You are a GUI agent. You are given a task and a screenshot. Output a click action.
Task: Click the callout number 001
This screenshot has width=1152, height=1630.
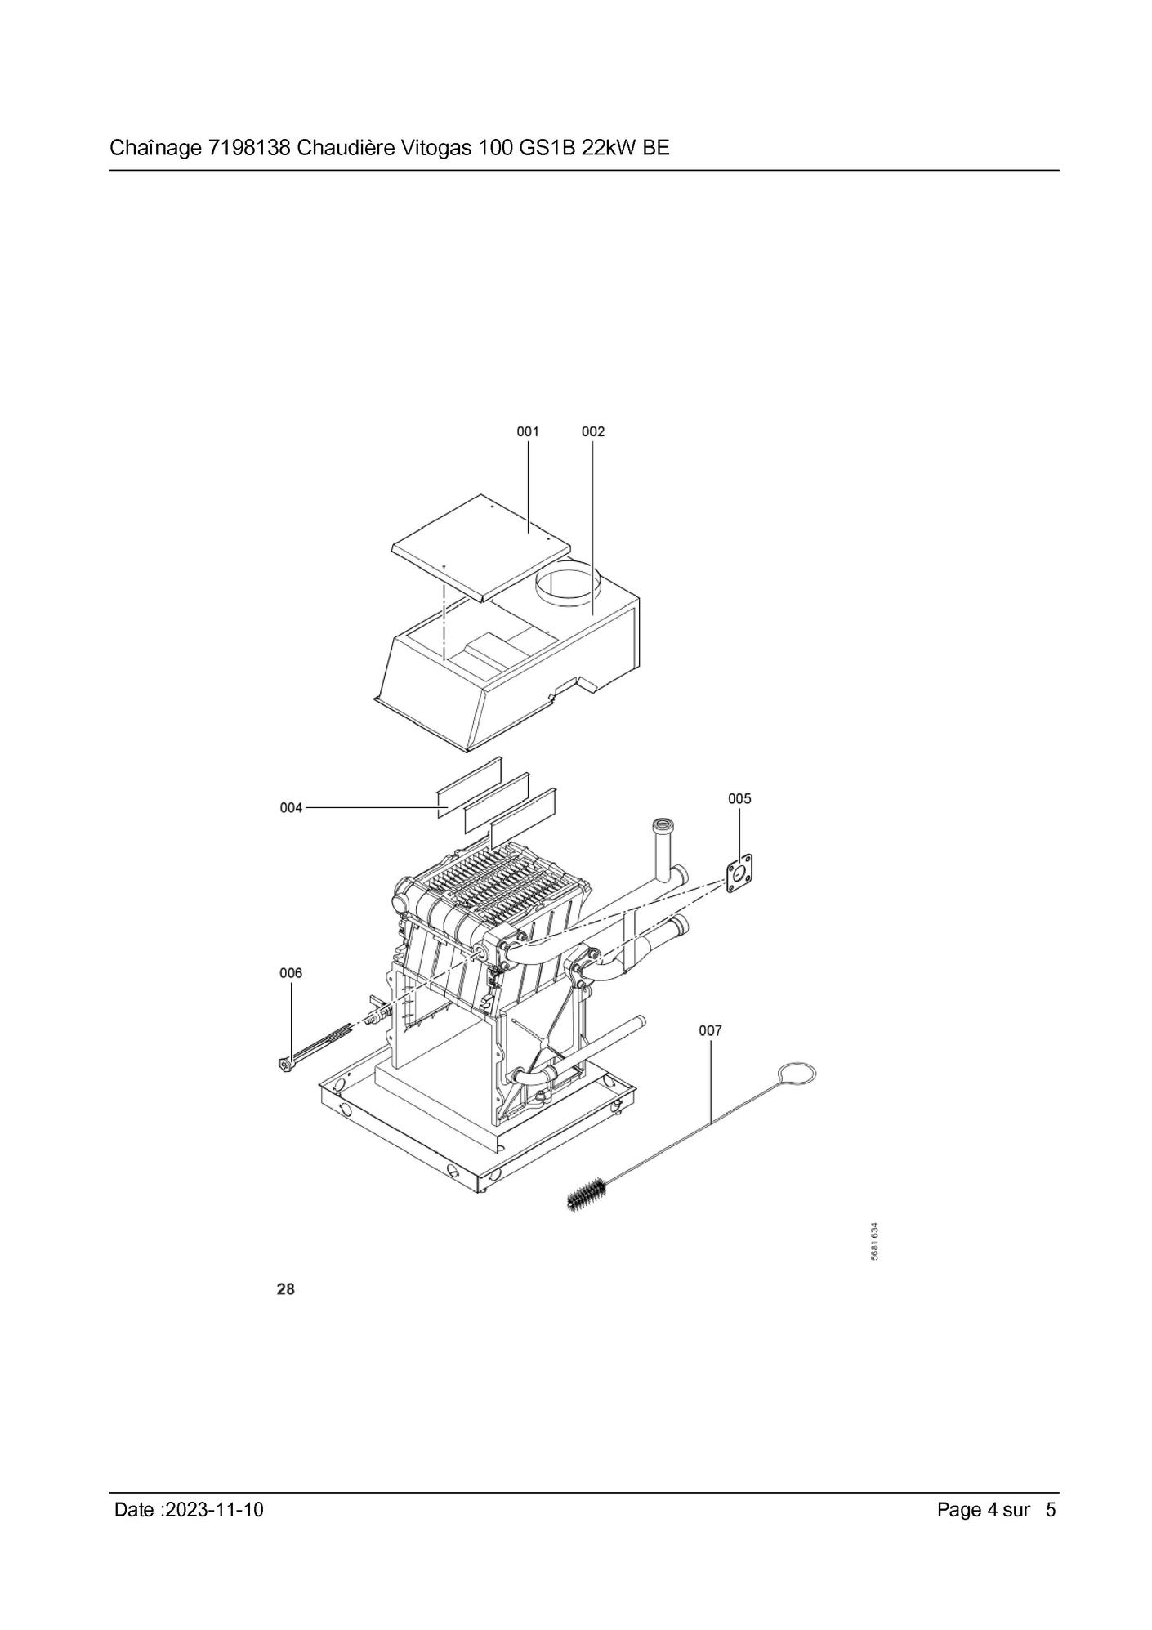(528, 431)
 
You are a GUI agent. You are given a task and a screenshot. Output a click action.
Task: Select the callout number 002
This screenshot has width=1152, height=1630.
(593, 431)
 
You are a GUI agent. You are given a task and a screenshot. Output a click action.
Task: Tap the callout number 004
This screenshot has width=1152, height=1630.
(291, 807)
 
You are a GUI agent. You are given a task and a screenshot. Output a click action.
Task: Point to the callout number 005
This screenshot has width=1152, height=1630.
(739, 798)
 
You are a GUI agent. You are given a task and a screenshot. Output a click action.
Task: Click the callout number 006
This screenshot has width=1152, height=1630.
(291, 972)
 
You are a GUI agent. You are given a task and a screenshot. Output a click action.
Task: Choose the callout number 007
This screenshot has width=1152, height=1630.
(711, 1030)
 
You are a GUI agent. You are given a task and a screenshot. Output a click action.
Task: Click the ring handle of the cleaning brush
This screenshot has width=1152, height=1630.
(797, 1072)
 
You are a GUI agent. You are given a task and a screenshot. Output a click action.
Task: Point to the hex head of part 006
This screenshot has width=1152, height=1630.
(284, 1065)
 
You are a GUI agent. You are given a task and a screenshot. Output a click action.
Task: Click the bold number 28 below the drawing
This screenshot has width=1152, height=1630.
(286, 1289)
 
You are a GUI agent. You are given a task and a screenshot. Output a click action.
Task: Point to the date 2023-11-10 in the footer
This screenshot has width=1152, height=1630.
(214, 1509)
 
